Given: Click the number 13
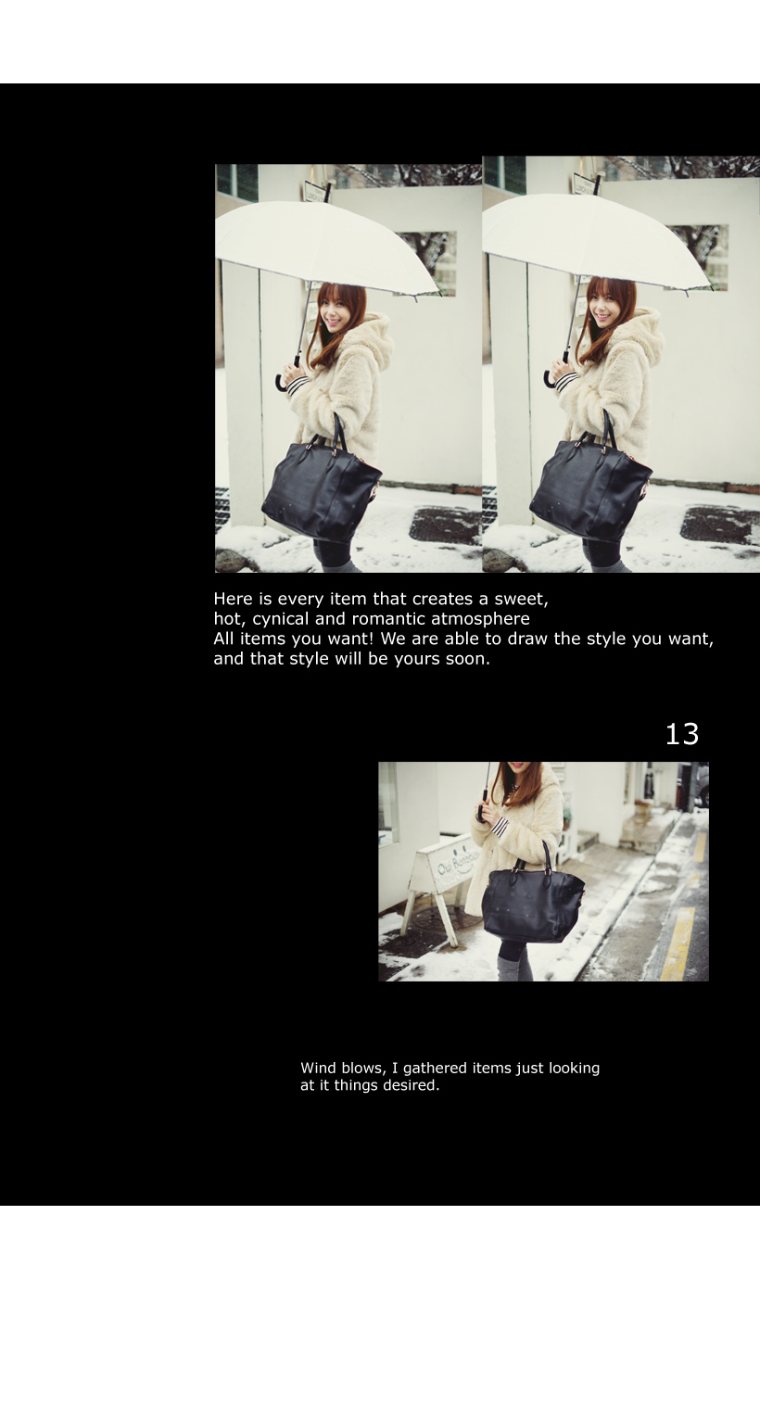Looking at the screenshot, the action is (x=681, y=734).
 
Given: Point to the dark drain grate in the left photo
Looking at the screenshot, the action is (x=445, y=524).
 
